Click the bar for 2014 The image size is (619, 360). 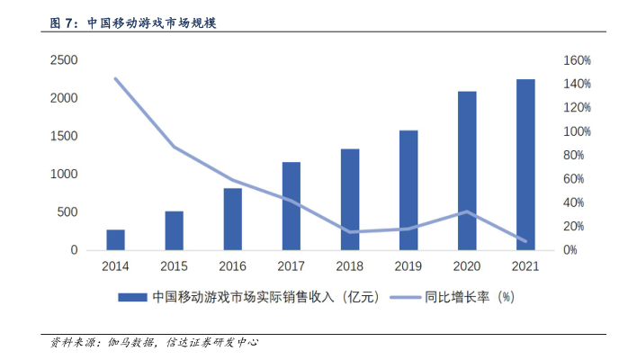[115, 240]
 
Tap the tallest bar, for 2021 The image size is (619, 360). [525, 165]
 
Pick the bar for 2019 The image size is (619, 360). [408, 190]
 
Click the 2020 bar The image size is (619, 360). [466, 171]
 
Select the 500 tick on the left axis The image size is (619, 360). [66, 212]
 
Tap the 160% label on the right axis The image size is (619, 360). [576, 60]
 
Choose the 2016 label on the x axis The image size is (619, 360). [232, 266]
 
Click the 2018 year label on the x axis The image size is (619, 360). [349, 266]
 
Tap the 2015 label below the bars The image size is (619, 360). [174, 266]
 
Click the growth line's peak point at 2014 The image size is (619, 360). [115, 78]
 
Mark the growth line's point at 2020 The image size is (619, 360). [466, 212]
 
